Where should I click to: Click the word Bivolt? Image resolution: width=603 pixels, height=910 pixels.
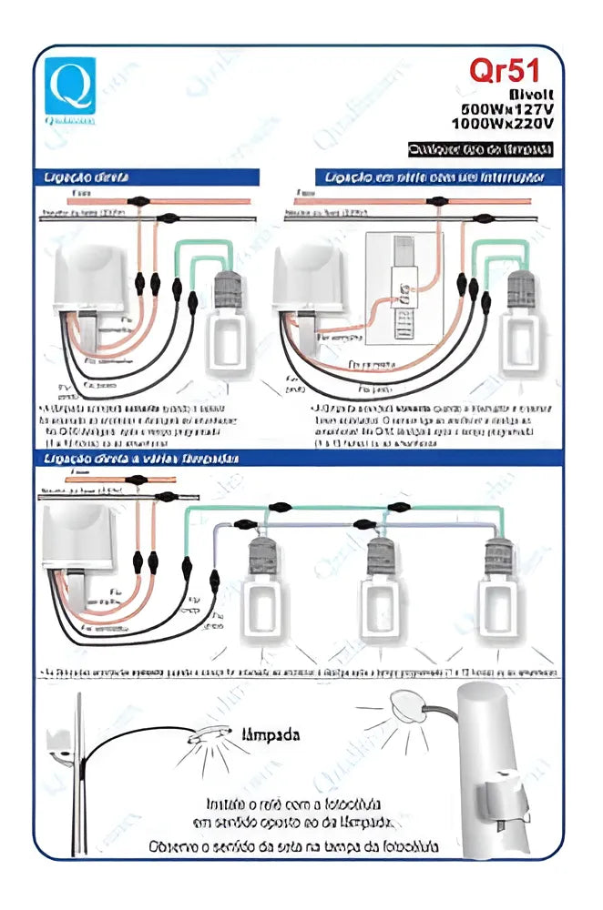(530, 94)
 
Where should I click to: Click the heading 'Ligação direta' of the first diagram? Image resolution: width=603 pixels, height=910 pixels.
(87, 177)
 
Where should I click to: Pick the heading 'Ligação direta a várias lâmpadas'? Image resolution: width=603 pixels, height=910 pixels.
(142, 460)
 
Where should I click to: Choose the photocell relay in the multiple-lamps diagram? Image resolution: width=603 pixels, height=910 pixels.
(78, 546)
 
